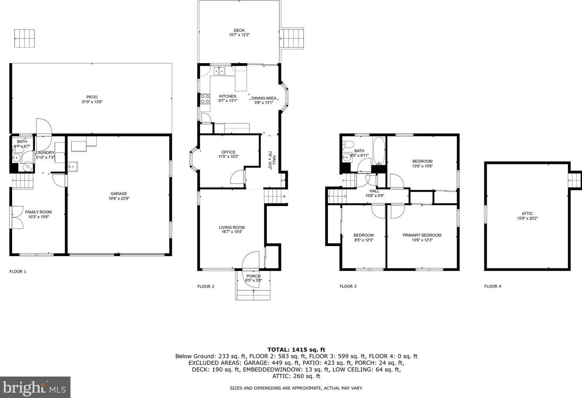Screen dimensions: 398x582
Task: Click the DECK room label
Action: pyautogui.click(x=239, y=30)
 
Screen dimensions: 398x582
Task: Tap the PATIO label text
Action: pyautogui.click(x=92, y=97)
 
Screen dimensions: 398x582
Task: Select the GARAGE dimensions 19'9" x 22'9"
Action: pyautogui.click(x=119, y=198)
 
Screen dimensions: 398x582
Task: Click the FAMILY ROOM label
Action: pyautogui.click(x=38, y=212)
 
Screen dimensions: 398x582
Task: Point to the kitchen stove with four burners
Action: pyautogui.click(x=205, y=99)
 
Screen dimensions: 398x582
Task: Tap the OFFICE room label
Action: pyautogui.click(x=228, y=152)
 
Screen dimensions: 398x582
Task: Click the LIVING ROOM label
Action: pyautogui.click(x=232, y=227)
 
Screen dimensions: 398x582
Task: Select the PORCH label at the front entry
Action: pyautogui.click(x=253, y=276)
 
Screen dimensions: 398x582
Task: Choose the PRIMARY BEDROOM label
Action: pyautogui.click(x=422, y=235)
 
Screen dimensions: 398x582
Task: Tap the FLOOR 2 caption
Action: pyautogui.click(x=205, y=286)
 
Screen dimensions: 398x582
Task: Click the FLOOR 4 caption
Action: pyautogui.click(x=493, y=286)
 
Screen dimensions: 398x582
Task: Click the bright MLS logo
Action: pyautogui.click(x=35, y=388)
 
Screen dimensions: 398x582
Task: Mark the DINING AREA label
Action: pyautogui.click(x=264, y=98)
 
